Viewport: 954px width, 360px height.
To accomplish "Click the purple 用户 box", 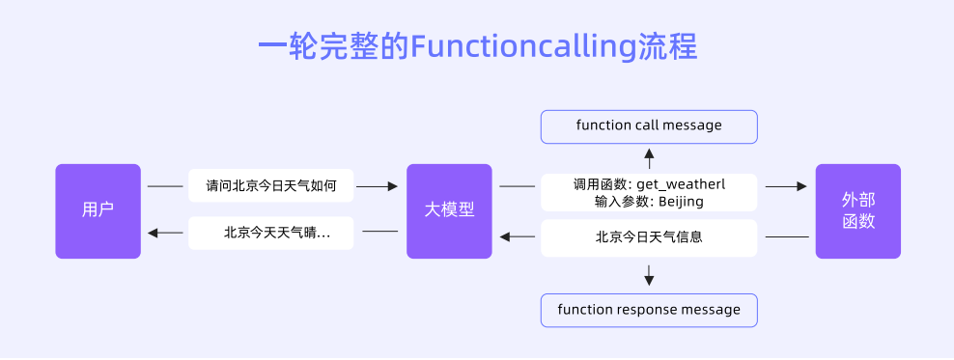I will tap(98, 210).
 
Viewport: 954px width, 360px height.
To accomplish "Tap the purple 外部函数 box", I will tap(857, 210).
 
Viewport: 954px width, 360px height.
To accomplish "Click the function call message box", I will tap(649, 126).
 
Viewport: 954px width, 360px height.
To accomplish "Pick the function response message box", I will tap(649, 310).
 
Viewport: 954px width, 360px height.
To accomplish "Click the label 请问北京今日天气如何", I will tap(270, 185).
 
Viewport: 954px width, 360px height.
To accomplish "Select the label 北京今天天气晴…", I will tap(270, 233).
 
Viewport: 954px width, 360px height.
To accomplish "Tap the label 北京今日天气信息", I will tap(649, 235).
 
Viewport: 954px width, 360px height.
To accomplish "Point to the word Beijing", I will tap(681, 202).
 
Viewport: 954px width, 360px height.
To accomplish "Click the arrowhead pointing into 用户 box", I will tap(151, 233).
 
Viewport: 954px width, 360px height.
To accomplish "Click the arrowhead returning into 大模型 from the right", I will tap(504, 236).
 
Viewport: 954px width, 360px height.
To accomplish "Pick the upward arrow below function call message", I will tap(649, 153).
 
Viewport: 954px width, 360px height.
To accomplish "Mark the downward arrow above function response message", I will tap(649, 280).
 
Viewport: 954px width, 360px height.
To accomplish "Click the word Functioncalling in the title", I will tap(523, 47).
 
